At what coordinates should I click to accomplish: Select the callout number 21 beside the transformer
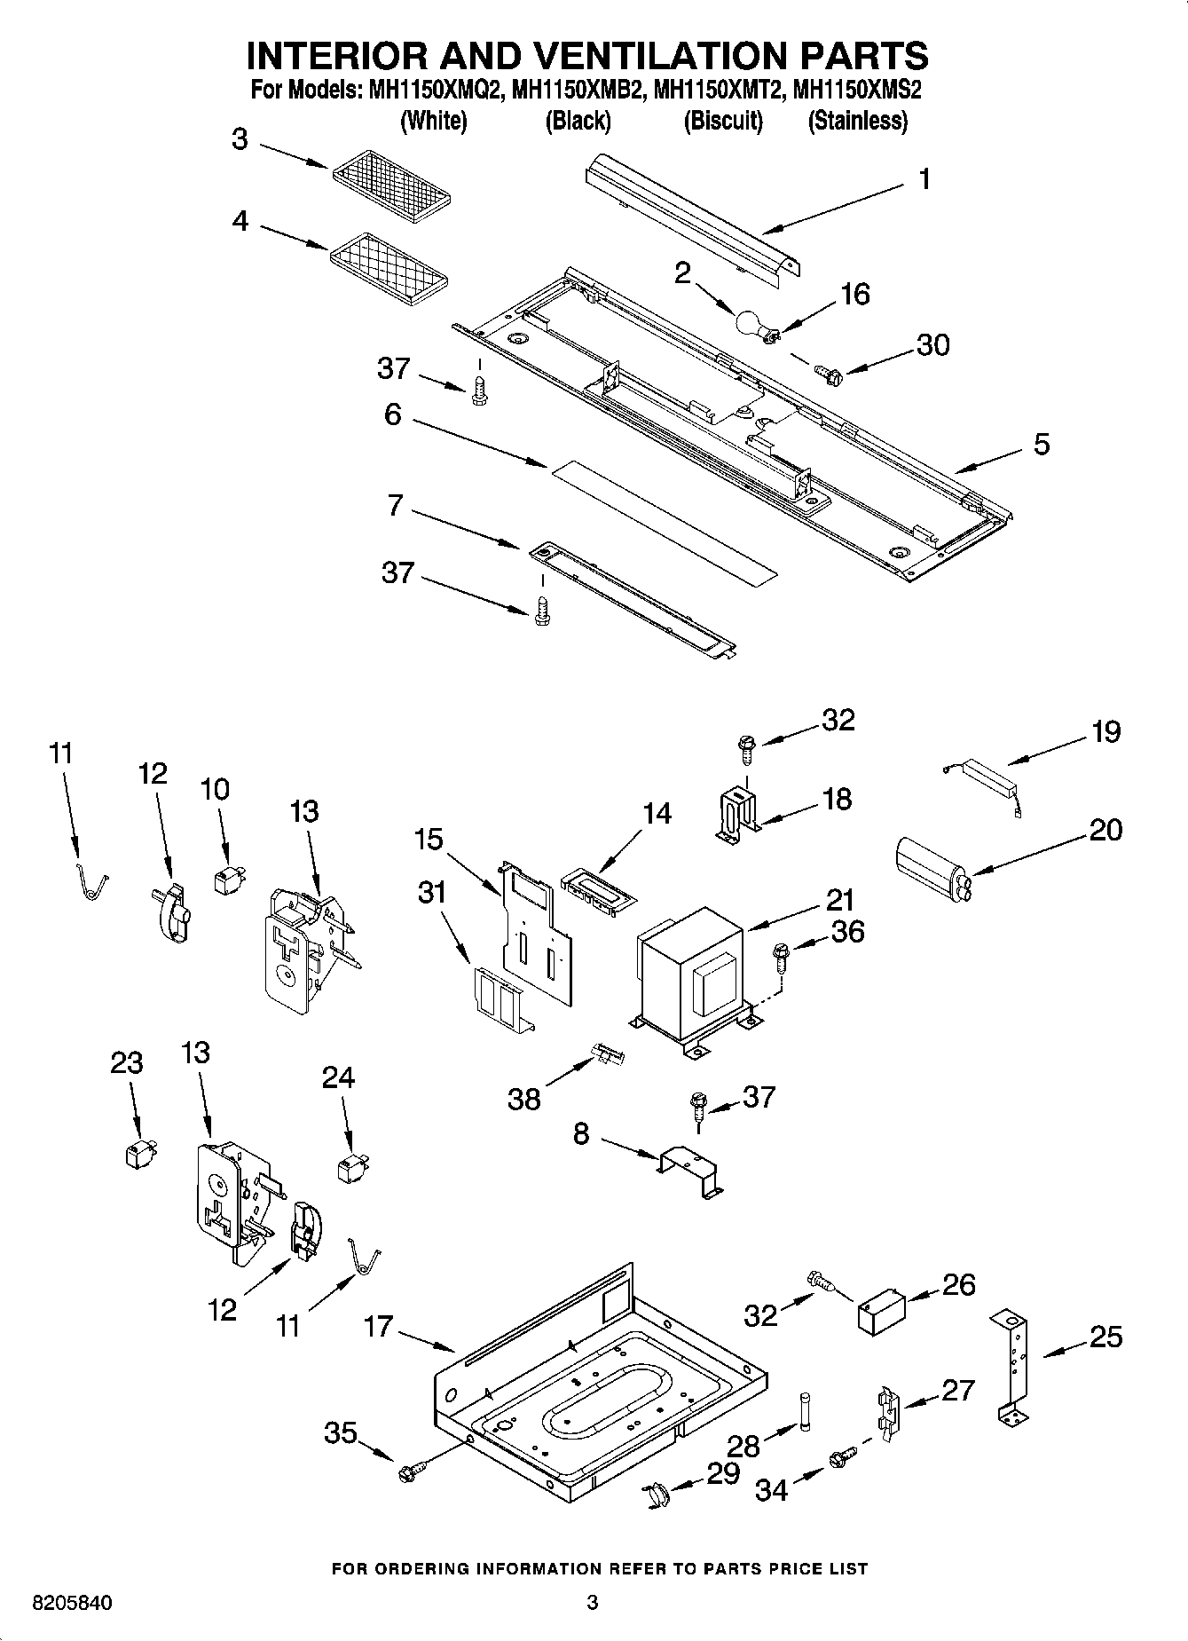pyautogui.click(x=840, y=900)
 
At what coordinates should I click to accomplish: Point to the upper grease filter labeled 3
pyautogui.click(x=393, y=185)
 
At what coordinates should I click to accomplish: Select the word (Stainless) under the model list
pyautogui.click(x=857, y=121)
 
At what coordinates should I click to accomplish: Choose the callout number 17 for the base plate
pyautogui.click(x=377, y=1327)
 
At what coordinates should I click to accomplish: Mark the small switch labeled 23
pyautogui.click(x=138, y=1154)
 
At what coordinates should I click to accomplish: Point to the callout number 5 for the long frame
pyautogui.click(x=1041, y=444)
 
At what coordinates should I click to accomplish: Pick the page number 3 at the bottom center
pyautogui.click(x=593, y=1603)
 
